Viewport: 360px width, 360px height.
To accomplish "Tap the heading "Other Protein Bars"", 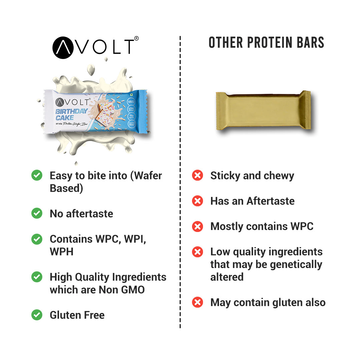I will (x=266, y=43).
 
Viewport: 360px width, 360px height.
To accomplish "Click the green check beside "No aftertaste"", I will (x=37, y=213).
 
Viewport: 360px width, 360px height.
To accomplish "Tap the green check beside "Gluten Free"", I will (x=37, y=315).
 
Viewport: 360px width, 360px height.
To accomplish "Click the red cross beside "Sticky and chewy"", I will (x=198, y=175).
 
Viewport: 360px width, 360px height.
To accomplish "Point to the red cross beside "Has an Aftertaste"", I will (x=198, y=201).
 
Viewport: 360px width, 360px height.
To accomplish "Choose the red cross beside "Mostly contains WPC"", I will (x=198, y=226).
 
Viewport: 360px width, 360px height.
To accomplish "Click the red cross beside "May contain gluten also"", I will (x=198, y=302).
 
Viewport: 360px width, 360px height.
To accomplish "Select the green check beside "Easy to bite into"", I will (x=37, y=175).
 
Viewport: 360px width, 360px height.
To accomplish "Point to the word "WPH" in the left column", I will (x=61, y=252).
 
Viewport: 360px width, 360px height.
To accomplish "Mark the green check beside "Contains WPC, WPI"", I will (x=37, y=239).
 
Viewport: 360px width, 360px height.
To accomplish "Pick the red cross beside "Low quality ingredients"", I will (x=198, y=252).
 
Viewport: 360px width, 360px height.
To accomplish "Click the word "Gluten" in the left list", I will (x=65, y=315).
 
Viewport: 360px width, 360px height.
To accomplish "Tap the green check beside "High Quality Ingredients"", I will (x=37, y=277).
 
